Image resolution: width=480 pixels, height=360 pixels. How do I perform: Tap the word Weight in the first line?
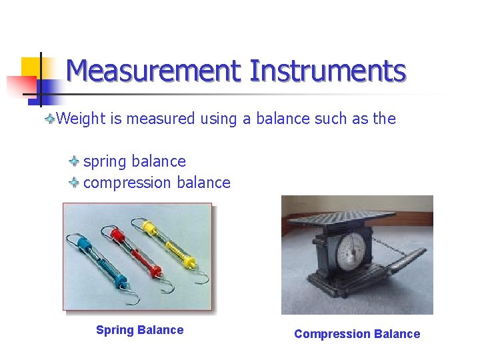point(81,119)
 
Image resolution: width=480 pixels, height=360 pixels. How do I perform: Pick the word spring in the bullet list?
point(105,162)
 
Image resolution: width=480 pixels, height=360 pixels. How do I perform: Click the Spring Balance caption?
point(139,330)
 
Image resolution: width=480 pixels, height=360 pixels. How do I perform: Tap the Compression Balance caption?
point(357,334)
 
